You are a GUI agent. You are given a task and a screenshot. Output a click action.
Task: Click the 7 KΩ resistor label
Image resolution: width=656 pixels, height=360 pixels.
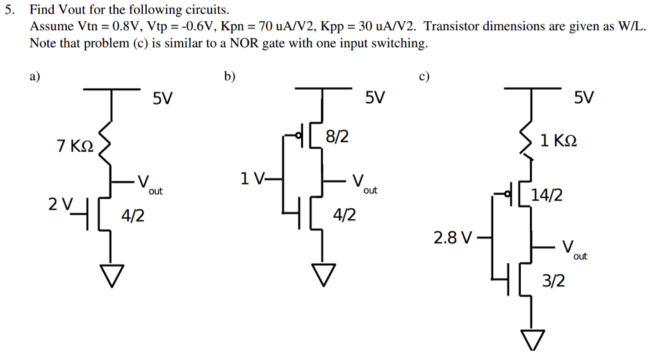coord(75,147)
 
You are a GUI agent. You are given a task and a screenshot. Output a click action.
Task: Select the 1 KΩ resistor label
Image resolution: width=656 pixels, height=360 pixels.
coord(559,140)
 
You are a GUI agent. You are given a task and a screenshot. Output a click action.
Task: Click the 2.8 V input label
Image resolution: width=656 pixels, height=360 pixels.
coord(453,239)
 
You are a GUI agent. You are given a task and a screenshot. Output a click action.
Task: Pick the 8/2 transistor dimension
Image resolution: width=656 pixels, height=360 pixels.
coord(337,136)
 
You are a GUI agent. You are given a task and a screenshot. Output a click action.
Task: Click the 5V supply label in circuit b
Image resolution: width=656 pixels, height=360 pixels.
coord(375,98)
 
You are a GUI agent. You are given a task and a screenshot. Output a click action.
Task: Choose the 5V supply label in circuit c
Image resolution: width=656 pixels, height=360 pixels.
coord(584,98)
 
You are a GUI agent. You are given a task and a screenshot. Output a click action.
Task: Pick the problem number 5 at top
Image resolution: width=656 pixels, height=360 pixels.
coord(8,11)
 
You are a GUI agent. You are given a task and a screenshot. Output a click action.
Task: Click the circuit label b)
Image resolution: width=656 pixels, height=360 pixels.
coord(229,76)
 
